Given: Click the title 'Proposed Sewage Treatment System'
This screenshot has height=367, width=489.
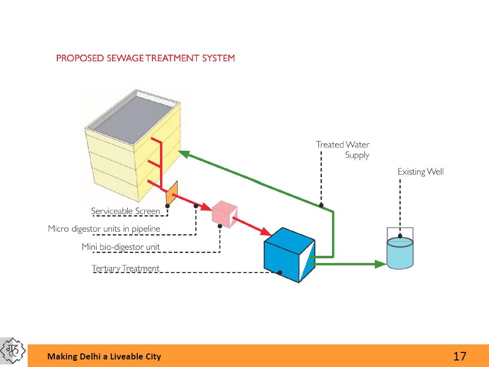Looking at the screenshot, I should coord(145,58).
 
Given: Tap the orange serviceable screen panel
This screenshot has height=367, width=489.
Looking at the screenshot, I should coord(172,193).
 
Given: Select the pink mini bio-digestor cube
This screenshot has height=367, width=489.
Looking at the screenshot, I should coord(224,213).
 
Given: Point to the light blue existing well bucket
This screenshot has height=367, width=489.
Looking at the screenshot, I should coord(400,253).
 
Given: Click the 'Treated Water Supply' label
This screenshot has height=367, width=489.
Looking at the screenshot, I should coord(343,150).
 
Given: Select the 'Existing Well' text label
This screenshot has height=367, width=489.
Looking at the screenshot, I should coord(421,172).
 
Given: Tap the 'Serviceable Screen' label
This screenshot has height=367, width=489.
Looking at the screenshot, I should coord(125,211).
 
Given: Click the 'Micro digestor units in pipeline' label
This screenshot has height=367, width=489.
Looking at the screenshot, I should coord(104,229).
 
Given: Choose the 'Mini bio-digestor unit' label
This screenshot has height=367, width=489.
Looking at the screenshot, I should coord(121,247).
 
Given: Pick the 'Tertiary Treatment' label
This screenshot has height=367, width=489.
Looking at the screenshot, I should coord(125,268).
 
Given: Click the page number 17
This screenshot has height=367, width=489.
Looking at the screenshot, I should coord(459,356).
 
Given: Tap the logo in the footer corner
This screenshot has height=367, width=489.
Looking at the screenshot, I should coord(14,351).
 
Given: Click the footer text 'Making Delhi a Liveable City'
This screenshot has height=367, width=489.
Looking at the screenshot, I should coord(104,356).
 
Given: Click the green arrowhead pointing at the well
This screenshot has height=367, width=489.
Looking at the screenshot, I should coord(381,263).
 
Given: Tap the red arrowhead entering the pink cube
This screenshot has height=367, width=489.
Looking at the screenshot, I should coord(206,206).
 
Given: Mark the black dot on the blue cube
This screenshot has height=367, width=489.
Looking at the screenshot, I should coord(280,272).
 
